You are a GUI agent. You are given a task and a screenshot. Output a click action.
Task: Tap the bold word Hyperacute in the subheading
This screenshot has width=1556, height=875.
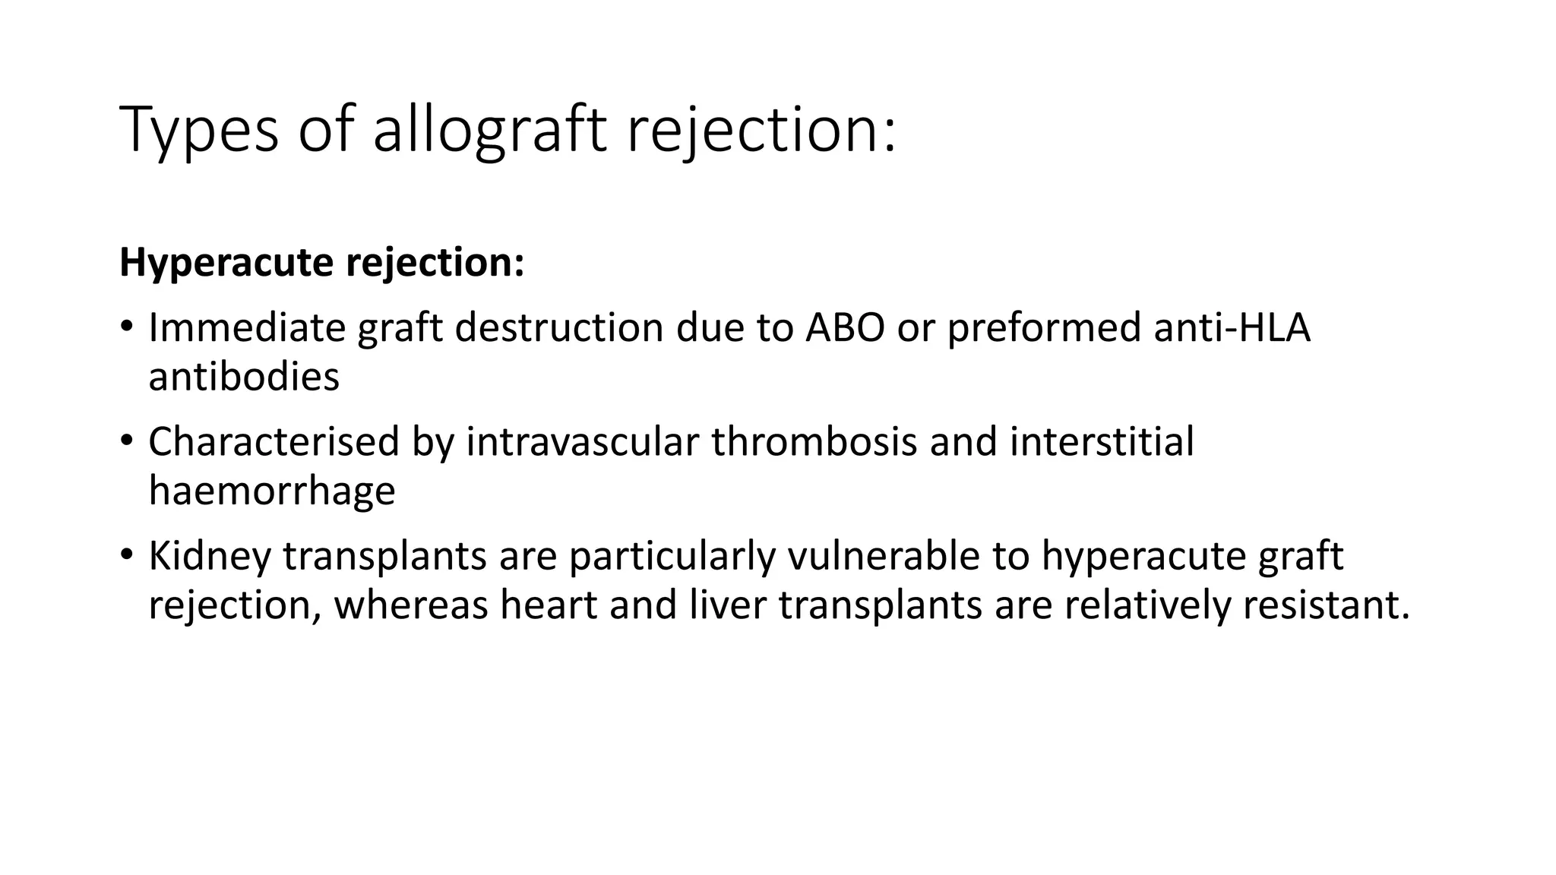click(x=226, y=263)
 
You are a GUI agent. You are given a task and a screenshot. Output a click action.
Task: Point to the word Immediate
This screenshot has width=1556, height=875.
click(x=246, y=328)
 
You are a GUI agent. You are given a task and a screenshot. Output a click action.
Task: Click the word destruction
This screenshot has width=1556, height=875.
click(x=558, y=328)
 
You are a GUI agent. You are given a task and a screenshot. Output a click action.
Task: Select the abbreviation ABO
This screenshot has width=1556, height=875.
click(x=845, y=328)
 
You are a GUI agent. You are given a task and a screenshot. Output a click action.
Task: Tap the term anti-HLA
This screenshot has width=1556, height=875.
click(x=1232, y=328)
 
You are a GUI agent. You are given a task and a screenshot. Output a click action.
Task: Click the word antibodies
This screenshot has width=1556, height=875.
click(x=244, y=377)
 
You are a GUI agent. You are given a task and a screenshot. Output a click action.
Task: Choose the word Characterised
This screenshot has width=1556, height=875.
click(x=274, y=442)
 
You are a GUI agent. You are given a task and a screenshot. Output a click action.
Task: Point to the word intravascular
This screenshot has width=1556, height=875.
click(x=582, y=442)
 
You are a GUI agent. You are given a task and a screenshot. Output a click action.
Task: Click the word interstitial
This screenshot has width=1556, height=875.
click(x=1102, y=442)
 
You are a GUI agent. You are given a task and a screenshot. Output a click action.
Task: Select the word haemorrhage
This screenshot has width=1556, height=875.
click(x=272, y=491)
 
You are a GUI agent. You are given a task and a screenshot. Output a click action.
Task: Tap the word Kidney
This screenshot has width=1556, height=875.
click(x=210, y=556)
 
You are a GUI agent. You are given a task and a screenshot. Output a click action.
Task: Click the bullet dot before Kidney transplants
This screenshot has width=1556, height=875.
click(x=126, y=554)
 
